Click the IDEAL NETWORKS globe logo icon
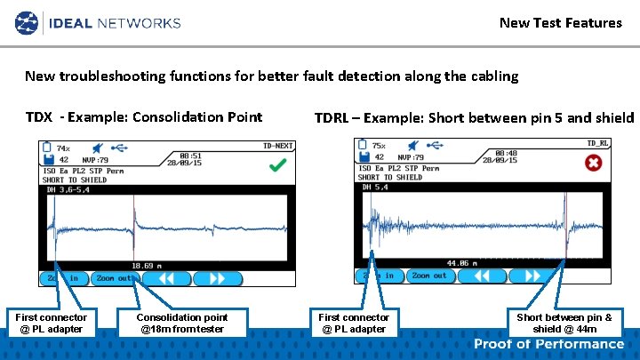(x=28, y=21)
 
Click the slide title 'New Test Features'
(x=560, y=22)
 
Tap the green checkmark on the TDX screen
(x=277, y=165)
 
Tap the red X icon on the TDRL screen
(x=593, y=164)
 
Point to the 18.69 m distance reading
(x=147, y=266)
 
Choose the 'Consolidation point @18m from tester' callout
(x=181, y=323)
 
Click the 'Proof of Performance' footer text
(x=548, y=344)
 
